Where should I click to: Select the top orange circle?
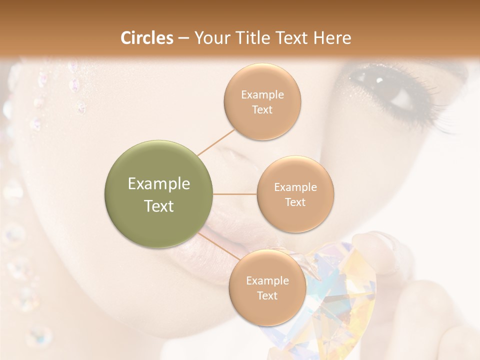point(262,102)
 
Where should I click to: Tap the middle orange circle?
point(295,194)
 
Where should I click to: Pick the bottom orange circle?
point(267,288)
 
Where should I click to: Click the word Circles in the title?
point(146,38)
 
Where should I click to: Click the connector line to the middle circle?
point(235,194)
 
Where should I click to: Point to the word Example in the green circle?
point(159,184)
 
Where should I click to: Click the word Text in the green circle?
point(159,206)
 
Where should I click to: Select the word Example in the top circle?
point(262,94)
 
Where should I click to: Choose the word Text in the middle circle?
point(295,202)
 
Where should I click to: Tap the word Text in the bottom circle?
point(267,295)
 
